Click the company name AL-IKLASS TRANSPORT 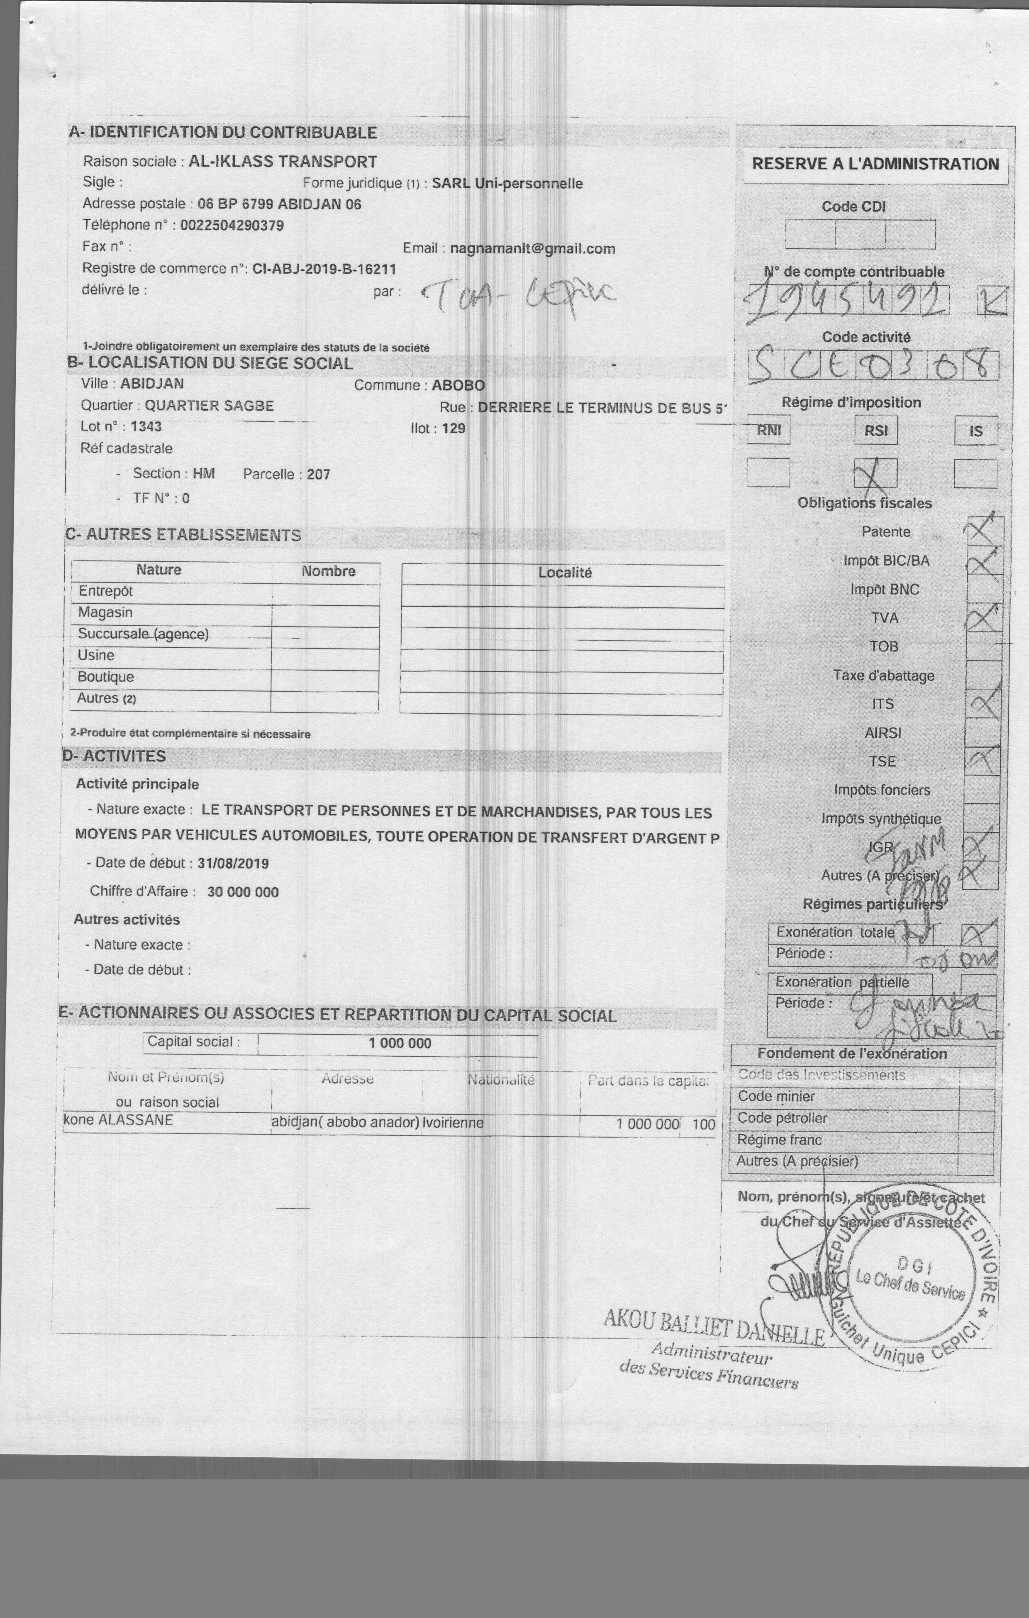283,162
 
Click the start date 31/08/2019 233,864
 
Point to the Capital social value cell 399,1043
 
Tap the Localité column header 564,573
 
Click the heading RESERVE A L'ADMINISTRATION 875,164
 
